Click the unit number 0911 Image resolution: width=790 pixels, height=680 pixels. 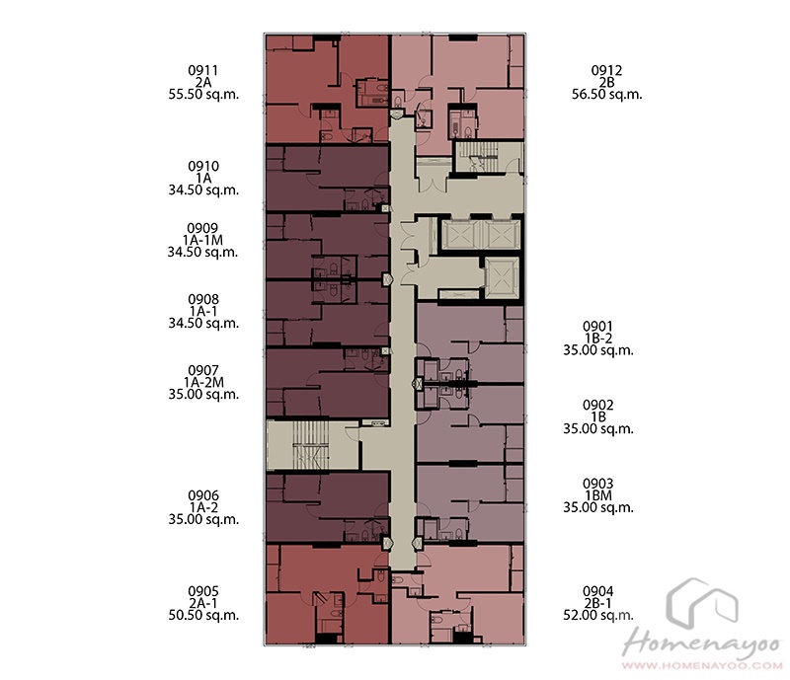pyautogui.click(x=203, y=70)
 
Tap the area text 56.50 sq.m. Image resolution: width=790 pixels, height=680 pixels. pyautogui.click(x=606, y=94)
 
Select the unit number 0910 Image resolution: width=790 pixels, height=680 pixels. pyautogui.click(x=203, y=166)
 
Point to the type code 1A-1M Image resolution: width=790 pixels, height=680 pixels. pyautogui.click(x=203, y=240)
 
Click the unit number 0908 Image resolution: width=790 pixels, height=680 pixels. pyautogui.click(x=203, y=299)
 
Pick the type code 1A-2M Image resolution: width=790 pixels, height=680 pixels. pyautogui.click(x=203, y=382)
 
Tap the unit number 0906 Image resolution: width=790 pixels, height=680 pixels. pyautogui.click(x=203, y=495)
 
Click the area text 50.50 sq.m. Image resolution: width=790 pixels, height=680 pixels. pyautogui.click(x=203, y=615)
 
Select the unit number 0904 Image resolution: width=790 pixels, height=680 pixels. pyautogui.click(x=598, y=591)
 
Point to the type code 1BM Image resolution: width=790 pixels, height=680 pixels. pyautogui.click(x=598, y=495)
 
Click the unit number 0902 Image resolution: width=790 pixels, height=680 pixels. pyautogui.click(x=598, y=405)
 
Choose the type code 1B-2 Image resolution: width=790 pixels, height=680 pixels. pyautogui.click(x=598, y=339)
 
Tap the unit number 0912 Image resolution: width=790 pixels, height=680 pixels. pyautogui.click(x=606, y=70)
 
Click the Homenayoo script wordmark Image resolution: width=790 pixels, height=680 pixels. pyautogui.click(x=702, y=643)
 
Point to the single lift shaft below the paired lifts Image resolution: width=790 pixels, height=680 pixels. pyautogui.click(x=502, y=277)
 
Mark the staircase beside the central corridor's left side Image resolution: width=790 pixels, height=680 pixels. pyautogui.click(x=312, y=445)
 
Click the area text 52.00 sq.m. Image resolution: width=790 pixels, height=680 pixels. pyautogui.click(x=598, y=615)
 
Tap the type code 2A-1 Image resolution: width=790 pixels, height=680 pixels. pyautogui.click(x=203, y=603)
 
